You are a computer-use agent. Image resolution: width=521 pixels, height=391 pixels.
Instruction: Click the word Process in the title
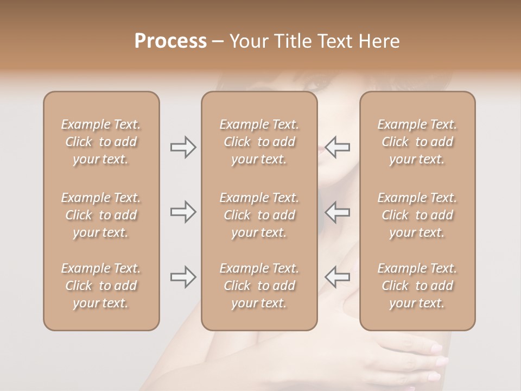[x=170, y=41]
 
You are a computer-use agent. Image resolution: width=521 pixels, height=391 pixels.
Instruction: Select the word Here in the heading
[x=380, y=41]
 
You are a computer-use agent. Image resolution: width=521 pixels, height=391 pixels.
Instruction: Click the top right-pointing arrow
[x=183, y=147]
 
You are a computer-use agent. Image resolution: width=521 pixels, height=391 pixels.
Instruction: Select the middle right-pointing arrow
[x=183, y=212]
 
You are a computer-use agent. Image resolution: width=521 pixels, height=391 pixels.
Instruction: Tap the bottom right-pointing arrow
[x=183, y=277]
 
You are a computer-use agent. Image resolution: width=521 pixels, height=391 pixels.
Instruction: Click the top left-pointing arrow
[x=337, y=147]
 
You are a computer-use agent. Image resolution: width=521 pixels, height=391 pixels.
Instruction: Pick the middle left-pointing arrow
[x=337, y=212]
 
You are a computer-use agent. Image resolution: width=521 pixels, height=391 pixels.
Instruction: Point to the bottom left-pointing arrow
[x=337, y=277]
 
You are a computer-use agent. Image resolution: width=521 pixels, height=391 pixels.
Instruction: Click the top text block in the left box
[x=101, y=142]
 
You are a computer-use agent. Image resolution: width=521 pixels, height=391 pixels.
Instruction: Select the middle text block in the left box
[x=101, y=215]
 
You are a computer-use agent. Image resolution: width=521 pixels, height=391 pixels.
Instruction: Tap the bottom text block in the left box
[x=101, y=286]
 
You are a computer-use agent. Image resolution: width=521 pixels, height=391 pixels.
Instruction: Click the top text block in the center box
[x=259, y=142]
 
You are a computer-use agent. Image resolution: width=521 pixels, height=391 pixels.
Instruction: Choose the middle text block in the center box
[x=259, y=215]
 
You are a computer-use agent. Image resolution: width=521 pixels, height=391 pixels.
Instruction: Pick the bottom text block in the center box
[x=259, y=286]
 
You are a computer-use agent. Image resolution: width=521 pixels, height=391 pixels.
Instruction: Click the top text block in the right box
[x=417, y=142]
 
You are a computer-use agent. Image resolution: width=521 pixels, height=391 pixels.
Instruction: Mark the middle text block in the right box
[x=417, y=215]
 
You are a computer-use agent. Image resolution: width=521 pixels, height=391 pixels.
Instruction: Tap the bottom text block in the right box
[x=417, y=286]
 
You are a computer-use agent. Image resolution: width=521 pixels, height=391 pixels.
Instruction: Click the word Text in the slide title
[x=336, y=41]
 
